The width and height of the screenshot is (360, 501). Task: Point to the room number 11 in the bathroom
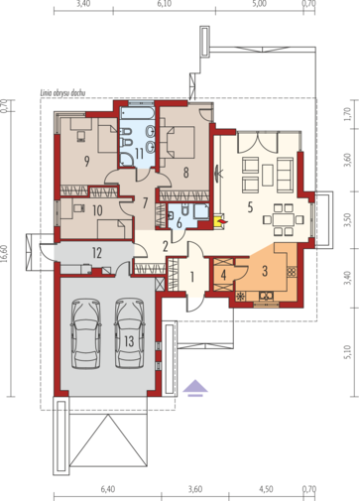coord(140,152)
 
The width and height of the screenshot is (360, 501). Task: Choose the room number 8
coord(186,170)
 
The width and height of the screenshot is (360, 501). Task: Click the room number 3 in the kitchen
coord(266,268)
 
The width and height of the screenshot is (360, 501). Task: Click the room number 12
coord(96,254)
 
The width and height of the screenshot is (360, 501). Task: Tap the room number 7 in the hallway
coord(145,203)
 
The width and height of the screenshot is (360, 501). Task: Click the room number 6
coord(180,223)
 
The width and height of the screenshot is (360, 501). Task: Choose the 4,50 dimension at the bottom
coord(267,489)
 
